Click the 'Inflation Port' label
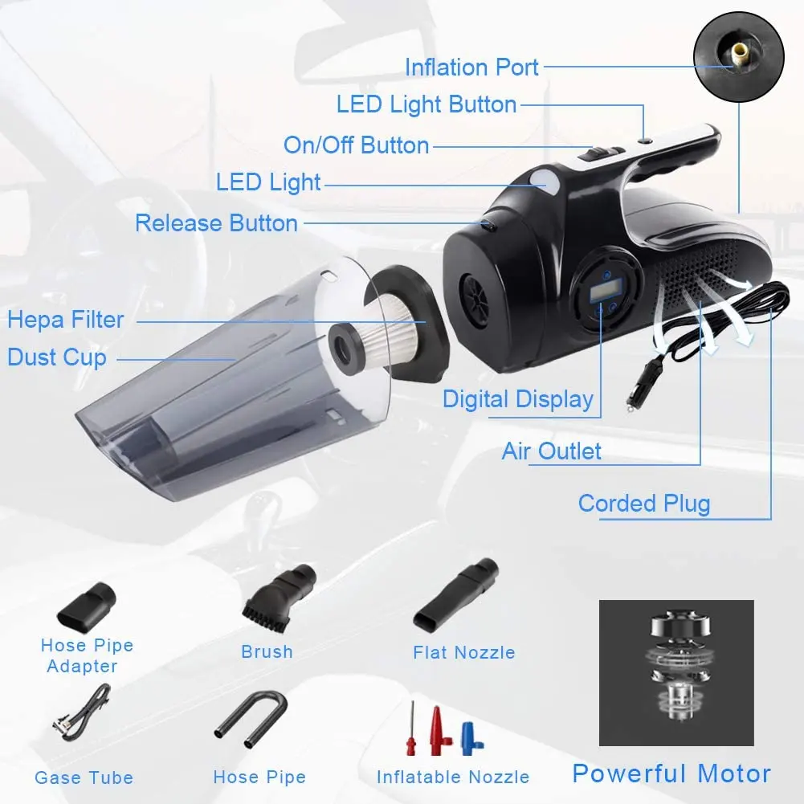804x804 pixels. (x=471, y=67)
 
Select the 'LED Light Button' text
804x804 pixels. (x=426, y=104)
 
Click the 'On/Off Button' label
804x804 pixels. (x=357, y=145)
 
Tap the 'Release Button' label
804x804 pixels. (x=216, y=223)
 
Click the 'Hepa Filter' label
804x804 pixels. (x=66, y=320)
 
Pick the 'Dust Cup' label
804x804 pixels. (x=57, y=357)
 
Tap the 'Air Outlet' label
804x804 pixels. (x=551, y=451)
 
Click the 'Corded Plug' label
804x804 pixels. (x=644, y=504)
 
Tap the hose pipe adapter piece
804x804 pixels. (x=86, y=607)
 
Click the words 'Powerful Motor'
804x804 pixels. (x=671, y=773)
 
